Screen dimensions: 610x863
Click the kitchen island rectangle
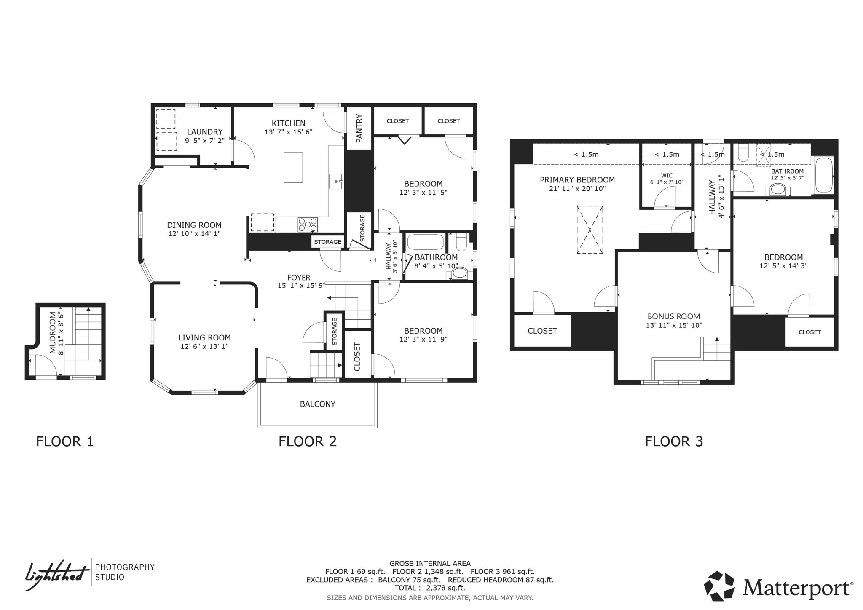point(293,167)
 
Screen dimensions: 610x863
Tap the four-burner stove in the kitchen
point(308,225)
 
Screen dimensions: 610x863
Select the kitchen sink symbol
point(335,181)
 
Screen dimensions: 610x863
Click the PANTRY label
point(359,128)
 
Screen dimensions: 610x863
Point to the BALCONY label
point(317,404)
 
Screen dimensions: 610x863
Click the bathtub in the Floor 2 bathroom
point(426,243)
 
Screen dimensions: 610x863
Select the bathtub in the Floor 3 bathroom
point(824,175)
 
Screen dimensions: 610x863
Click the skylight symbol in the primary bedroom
point(590,230)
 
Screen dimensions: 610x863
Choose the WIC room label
point(667,175)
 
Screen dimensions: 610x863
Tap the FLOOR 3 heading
point(673,441)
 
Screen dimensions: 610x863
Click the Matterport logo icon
point(719,586)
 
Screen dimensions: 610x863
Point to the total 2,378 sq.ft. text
point(429,588)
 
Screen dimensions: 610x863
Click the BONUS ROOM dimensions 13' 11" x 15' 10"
point(674,325)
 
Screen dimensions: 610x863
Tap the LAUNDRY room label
point(204,132)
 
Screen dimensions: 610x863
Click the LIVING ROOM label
point(204,337)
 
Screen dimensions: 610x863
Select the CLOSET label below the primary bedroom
point(542,331)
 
